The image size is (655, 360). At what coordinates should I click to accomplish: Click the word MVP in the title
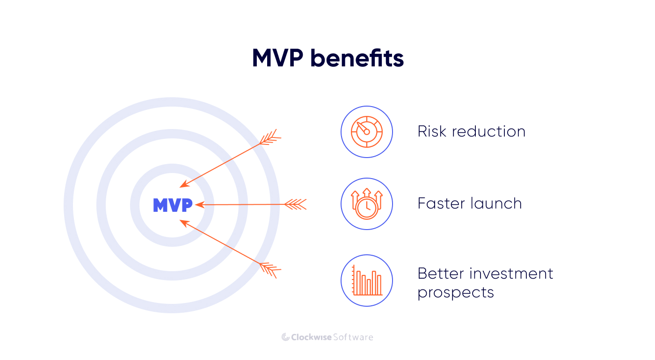point(277,59)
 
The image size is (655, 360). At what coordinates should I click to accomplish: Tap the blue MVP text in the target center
point(173,205)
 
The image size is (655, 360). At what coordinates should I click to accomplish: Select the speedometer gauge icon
point(367,132)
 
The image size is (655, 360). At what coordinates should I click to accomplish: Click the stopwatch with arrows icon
point(367,204)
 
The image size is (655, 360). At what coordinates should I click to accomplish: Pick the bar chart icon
point(367,281)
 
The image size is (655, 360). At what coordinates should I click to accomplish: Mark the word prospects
point(456,293)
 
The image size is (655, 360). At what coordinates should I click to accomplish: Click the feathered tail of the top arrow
point(270,138)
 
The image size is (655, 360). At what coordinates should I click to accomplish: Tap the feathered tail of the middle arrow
point(296,204)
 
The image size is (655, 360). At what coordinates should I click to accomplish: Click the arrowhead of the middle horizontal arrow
point(199,205)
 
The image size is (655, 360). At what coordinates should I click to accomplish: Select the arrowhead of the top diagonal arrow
point(184,185)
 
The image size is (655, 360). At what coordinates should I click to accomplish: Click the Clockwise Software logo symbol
point(285,337)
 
